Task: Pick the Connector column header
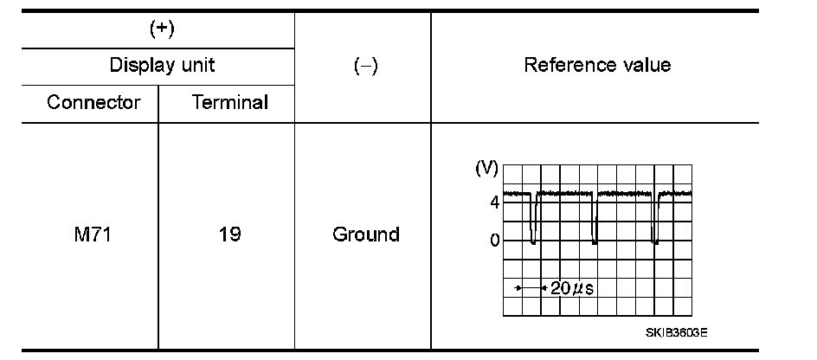point(93,102)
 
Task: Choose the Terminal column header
point(229,102)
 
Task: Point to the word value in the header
point(645,65)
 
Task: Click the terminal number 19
point(229,235)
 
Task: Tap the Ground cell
point(366,235)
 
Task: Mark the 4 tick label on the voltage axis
point(494,202)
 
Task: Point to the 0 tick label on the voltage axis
point(494,240)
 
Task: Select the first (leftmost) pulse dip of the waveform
point(533,227)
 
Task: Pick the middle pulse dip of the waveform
point(595,227)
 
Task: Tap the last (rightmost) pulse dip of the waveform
point(656,227)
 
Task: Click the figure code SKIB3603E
point(676,331)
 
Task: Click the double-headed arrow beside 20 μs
point(529,286)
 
